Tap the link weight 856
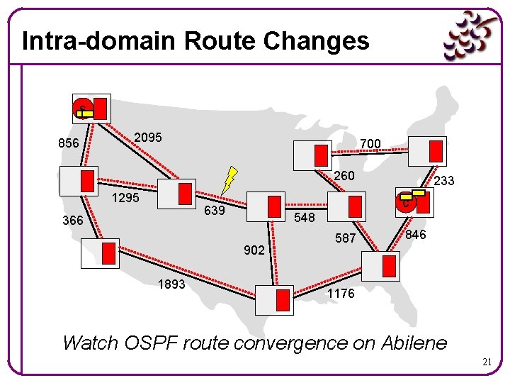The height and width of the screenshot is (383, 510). [x=68, y=143]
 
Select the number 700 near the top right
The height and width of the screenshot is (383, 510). [x=370, y=144]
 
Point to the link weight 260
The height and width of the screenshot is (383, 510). [x=344, y=175]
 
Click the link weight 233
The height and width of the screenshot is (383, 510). [x=444, y=182]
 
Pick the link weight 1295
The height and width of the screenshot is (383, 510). [x=127, y=198]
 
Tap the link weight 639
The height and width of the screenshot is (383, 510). [x=215, y=211]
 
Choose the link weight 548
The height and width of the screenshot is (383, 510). [x=305, y=218]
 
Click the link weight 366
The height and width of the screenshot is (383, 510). [x=72, y=221]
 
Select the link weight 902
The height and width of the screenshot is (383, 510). [x=254, y=250]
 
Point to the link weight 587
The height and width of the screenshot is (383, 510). [x=345, y=238]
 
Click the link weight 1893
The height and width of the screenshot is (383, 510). [x=171, y=284]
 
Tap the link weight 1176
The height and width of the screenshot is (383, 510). [x=341, y=294]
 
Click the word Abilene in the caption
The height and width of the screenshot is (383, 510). [x=414, y=343]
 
